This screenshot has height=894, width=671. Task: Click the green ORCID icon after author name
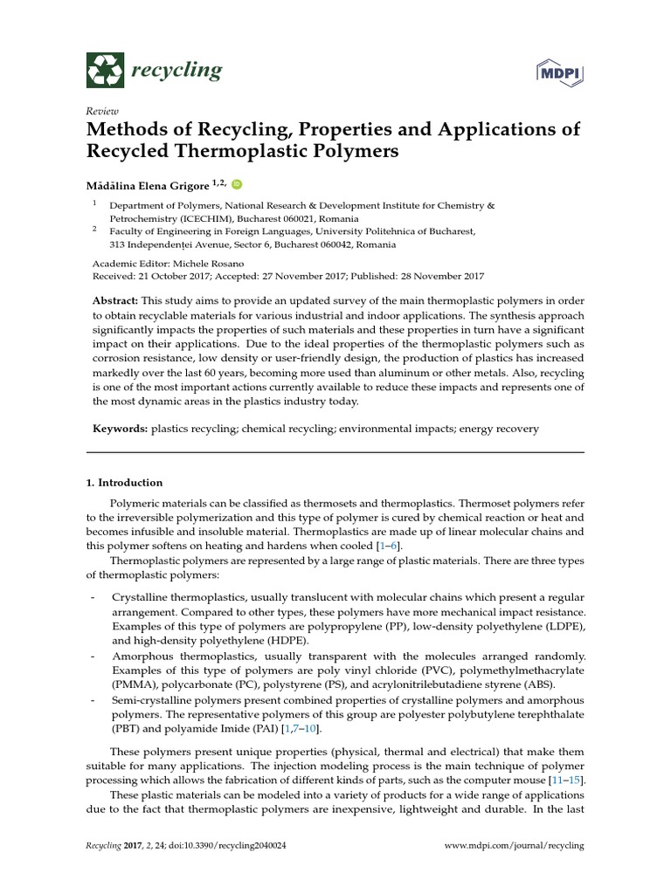pyautogui.click(x=236, y=184)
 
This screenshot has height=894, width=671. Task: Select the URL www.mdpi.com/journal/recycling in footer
pyautogui.click(x=514, y=846)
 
